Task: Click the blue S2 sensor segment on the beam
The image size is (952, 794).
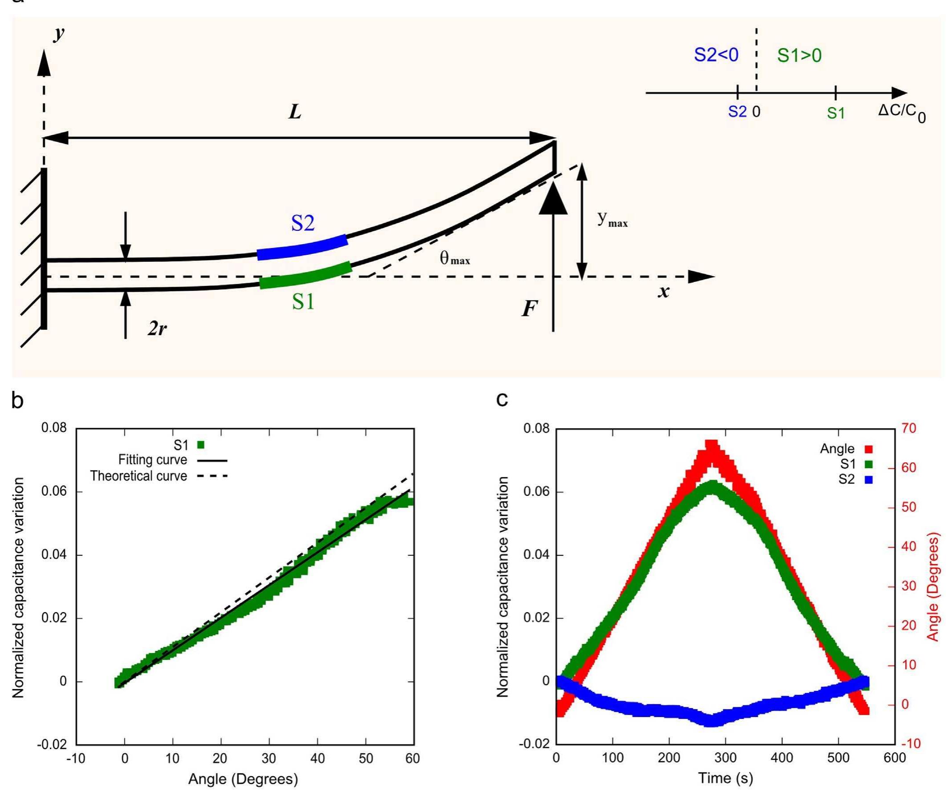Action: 302,248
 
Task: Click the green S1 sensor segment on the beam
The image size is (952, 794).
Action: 305,275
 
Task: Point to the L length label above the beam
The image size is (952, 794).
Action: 295,112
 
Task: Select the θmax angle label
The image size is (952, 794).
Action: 454,258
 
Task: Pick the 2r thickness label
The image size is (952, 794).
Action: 157,328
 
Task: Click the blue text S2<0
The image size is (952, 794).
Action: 716,55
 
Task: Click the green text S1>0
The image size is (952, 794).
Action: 799,55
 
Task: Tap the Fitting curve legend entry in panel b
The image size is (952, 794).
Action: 172,460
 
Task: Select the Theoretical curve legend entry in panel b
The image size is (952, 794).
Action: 158,476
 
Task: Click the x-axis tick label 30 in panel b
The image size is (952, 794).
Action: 269,758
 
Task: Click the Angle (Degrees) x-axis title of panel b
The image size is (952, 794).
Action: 243,779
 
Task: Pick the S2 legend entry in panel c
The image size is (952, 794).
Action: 855,479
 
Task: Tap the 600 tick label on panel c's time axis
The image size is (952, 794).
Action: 894,758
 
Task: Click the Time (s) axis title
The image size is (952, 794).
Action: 725,778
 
